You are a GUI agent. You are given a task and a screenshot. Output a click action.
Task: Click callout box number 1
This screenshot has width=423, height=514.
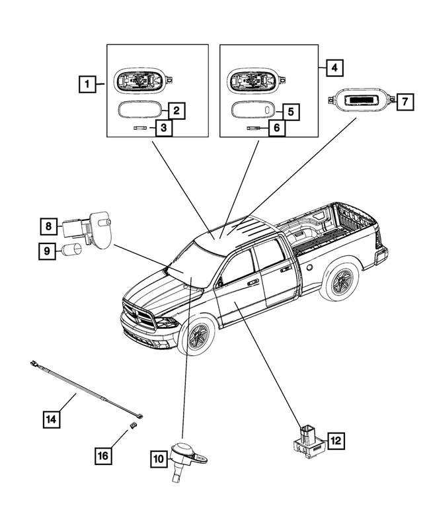click(85, 84)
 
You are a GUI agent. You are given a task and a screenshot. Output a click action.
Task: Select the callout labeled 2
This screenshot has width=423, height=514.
click(175, 110)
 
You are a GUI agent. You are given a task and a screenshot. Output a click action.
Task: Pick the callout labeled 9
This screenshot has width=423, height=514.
click(48, 251)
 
